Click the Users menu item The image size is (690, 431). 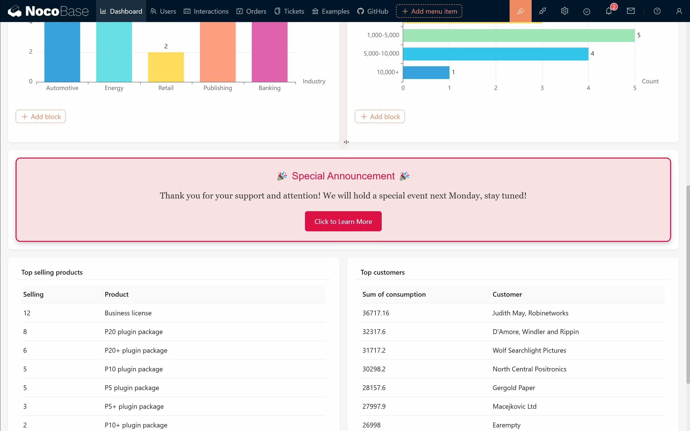163,11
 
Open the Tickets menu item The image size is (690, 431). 289,11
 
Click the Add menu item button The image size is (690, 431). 429,11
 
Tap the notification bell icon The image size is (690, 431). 609,11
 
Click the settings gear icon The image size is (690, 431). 564,11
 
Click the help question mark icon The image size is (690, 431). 657,11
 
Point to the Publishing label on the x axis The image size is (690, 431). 218,88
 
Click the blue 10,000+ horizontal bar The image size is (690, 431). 426,72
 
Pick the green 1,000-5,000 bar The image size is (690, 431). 519,35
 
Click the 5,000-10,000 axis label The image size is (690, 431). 381,54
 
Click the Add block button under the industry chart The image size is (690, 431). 40,117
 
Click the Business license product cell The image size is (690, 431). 128,313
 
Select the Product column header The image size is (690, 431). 117,295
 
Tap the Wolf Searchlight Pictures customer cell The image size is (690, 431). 529,350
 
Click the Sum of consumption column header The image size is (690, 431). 394,295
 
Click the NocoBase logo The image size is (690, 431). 48,11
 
